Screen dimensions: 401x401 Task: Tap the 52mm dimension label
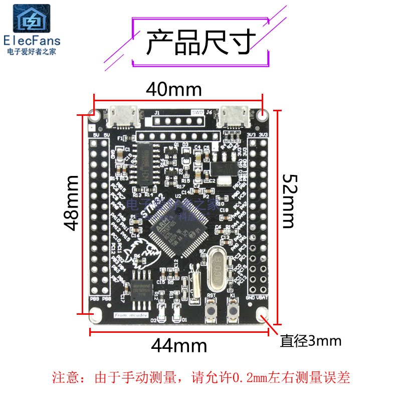pyautogui.click(x=290, y=201)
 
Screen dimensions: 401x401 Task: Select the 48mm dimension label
pyautogui.click(x=72, y=202)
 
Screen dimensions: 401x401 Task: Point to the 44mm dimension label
pyautogui.click(x=179, y=345)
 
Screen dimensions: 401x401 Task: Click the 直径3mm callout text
pyautogui.click(x=311, y=341)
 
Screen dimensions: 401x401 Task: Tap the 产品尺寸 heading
pyautogui.click(x=201, y=42)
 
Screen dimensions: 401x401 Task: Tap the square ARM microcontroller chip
pyautogui.click(x=179, y=232)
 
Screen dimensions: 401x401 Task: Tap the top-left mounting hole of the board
pyautogui.click(x=93, y=114)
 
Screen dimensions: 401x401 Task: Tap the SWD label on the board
pyautogui.click(x=197, y=112)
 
